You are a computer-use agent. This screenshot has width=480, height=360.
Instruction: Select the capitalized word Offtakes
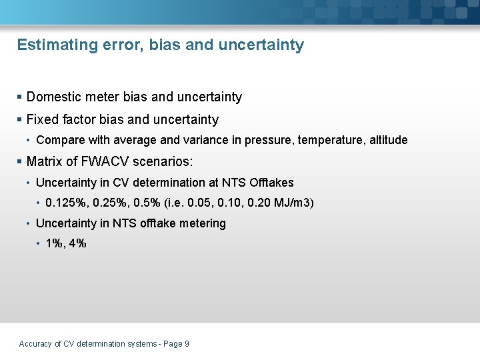(271, 183)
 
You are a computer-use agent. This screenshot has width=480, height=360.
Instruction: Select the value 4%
(77, 244)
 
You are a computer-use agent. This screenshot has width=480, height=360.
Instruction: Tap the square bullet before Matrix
(20, 162)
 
